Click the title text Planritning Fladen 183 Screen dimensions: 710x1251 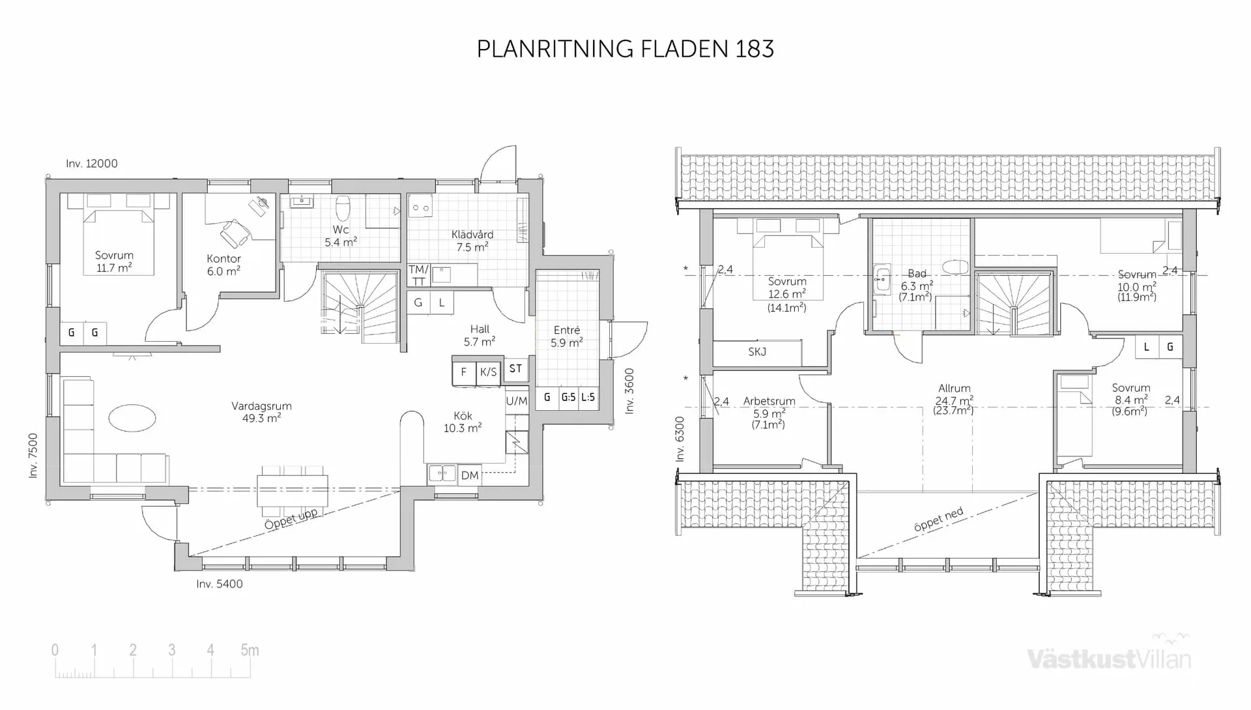[625, 49]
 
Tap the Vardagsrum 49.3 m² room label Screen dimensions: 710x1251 [261, 412]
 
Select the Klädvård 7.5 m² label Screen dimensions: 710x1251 [472, 241]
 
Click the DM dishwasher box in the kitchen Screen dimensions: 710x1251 [469, 475]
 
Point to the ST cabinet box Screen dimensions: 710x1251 [515, 369]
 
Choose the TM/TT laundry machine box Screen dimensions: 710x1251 [418, 275]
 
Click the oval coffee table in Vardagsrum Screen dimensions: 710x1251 [132, 418]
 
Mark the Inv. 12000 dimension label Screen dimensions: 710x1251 [92, 164]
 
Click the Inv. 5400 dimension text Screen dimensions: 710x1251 [220, 584]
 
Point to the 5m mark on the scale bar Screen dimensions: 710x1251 [250, 651]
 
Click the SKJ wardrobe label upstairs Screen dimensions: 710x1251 [757, 352]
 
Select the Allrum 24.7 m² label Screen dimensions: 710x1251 [954, 399]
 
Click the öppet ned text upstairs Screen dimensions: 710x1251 [938, 520]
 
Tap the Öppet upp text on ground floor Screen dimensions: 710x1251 [291, 519]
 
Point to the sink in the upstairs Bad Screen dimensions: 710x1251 [882, 280]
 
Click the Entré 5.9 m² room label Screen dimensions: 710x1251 [566, 336]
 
